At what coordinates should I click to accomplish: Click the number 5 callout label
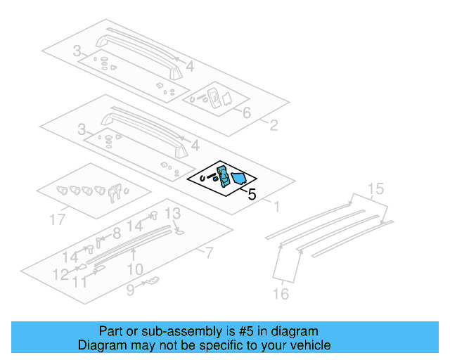coord(252,194)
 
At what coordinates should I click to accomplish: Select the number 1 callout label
coord(277,207)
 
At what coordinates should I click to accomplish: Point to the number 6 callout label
coord(246,113)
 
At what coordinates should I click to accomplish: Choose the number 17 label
coord(58,220)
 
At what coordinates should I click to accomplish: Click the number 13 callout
coord(172,214)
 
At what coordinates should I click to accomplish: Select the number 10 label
coord(135,269)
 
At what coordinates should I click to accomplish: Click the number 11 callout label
coord(81,282)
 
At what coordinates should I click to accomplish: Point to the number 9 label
coord(129,288)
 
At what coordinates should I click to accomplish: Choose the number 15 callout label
coord(375,188)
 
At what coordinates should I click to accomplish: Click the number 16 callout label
coord(281,294)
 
